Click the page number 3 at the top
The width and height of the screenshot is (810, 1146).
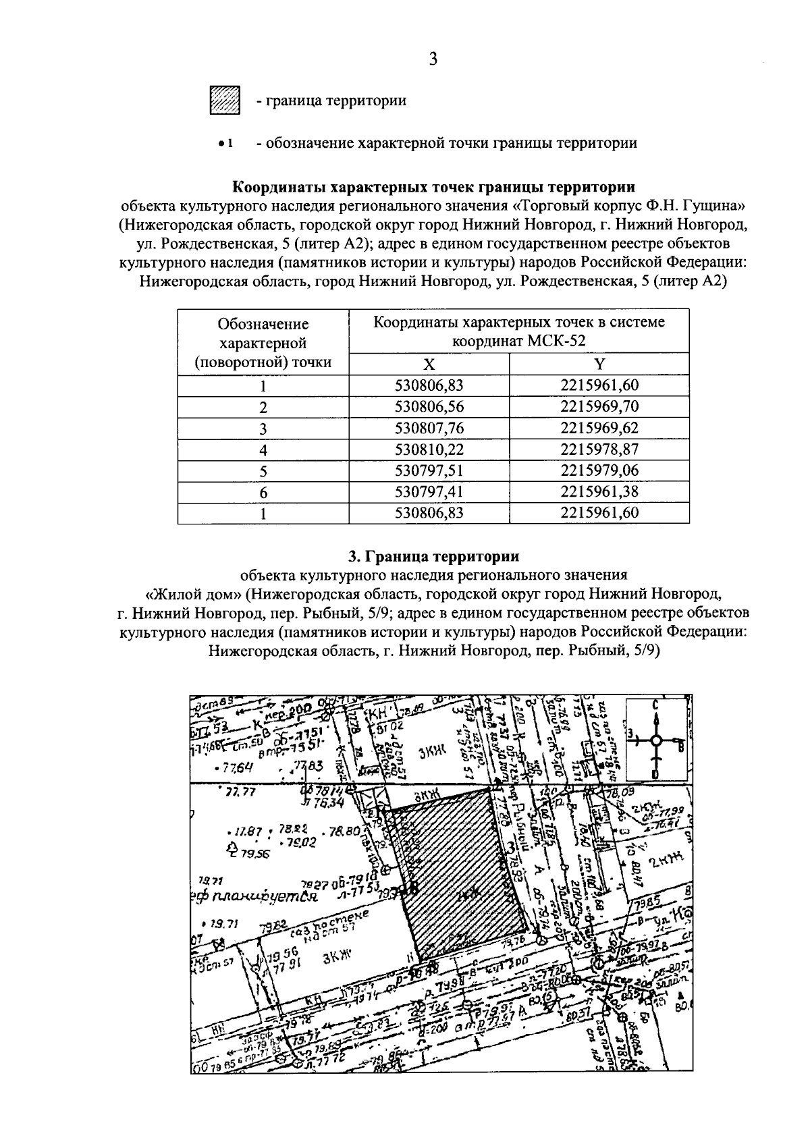[433, 59]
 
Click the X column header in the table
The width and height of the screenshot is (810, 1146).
[429, 364]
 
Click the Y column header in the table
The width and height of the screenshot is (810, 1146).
[599, 364]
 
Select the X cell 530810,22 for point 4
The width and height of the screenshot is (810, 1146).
[429, 449]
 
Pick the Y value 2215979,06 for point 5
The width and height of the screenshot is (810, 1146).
[599, 470]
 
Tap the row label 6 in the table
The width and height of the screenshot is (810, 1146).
[263, 492]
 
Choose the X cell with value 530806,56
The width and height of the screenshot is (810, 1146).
[429, 407]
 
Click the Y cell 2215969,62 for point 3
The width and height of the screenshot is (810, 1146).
[599, 428]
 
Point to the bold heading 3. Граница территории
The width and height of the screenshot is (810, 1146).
[433, 557]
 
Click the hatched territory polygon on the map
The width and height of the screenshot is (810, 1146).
[459, 871]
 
